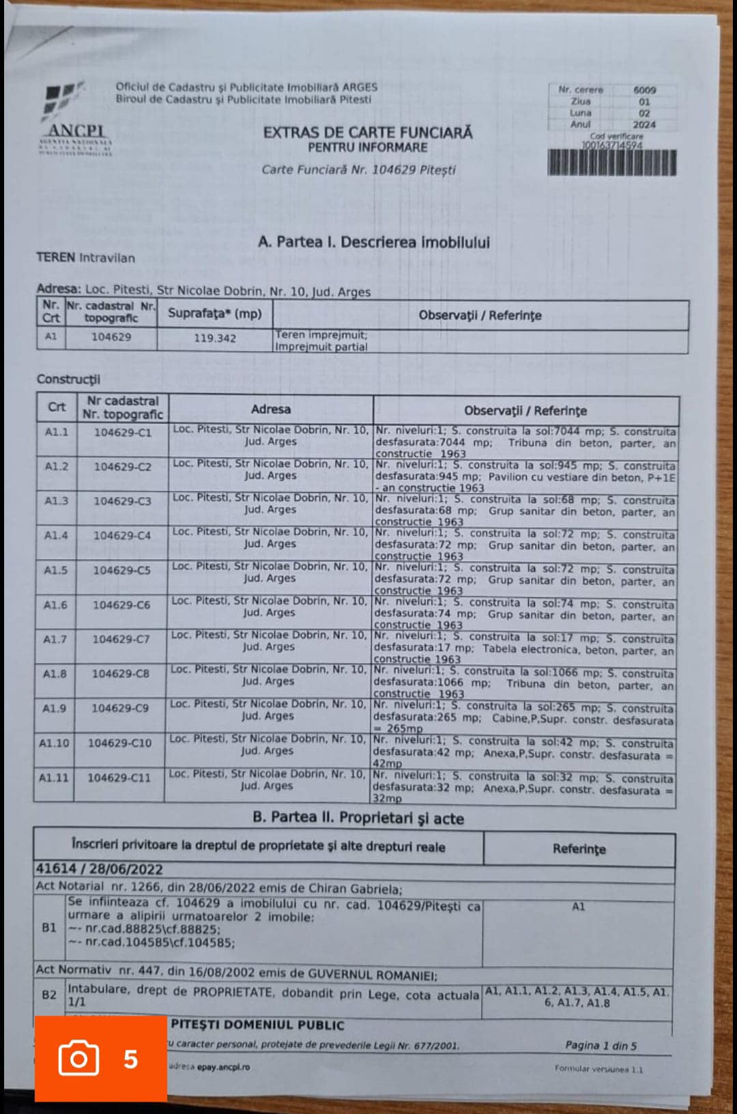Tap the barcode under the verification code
[611, 163]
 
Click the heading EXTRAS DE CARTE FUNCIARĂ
[368, 132]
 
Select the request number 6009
[644, 90]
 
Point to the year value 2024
[644, 125]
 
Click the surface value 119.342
[215, 338]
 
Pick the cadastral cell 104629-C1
[123, 432]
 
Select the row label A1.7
[55, 640]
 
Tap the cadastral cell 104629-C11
[119, 777]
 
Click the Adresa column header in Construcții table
[271, 410]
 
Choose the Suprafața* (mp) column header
[215, 313]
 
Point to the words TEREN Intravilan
[85, 258]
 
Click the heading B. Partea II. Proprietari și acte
[358, 818]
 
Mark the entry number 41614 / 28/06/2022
[100, 869]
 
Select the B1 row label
[49, 928]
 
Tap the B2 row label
[49, 995]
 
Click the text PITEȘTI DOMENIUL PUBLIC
[257, 1025]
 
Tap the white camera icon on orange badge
[78, 1058]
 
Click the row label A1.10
[54, 743]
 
